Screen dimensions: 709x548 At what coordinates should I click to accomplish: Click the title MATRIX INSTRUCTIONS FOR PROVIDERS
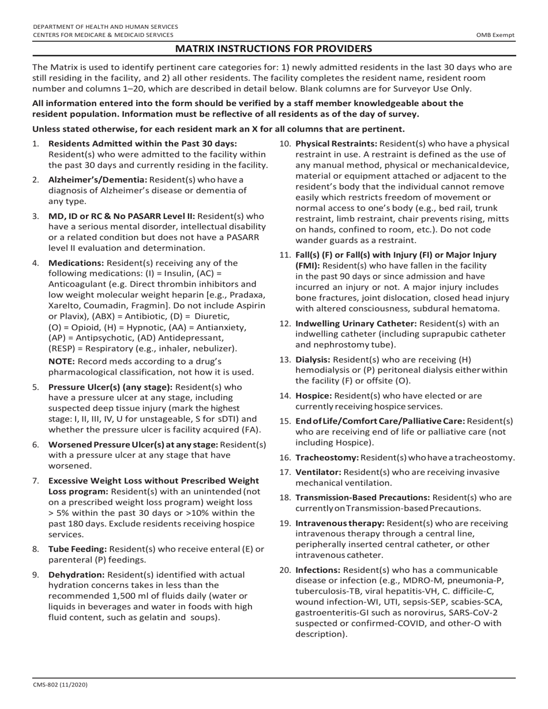click(x=273, y=48)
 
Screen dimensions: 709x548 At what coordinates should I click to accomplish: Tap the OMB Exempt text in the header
click(x=495, y=35)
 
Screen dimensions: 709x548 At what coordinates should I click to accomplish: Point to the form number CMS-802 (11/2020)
click(x=61, y=685)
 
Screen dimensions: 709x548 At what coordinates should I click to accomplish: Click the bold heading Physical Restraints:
click(x=336, y=144)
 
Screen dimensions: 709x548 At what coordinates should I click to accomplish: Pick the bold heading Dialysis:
click(x=313, y=360)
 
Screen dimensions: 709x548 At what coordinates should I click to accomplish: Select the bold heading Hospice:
click(x=314, y=396)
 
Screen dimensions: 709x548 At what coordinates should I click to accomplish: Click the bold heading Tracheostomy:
click(x=327, y=458)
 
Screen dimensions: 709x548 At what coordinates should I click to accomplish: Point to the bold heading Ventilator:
click(x=318, y=472)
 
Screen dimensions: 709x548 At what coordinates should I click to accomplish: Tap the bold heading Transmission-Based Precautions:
click(x=362, y=497)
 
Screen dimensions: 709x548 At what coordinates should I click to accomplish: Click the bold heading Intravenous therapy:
click(x=340, y=523)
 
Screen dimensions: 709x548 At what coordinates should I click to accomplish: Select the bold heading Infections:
click(x=318, y=570)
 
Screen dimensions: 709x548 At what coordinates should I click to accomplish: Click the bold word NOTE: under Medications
click(x=61, y=361)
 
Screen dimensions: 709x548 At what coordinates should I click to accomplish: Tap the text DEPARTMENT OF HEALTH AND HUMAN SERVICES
click(x=106, y=27)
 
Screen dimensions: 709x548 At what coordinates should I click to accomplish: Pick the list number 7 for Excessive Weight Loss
click(x=36, y=480)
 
